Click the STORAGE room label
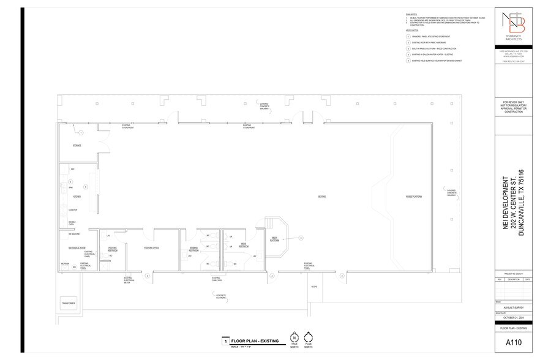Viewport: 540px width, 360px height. tap(77, 146)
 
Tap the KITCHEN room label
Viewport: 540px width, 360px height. tap(77, 197)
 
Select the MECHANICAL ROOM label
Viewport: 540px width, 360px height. tap(76, 247)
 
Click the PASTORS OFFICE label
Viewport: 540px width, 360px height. tap(152, 248)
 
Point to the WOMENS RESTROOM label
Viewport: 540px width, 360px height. tap(193, 249)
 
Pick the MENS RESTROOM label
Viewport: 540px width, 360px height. tap(243, 246)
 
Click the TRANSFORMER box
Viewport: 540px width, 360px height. tap(68, 304)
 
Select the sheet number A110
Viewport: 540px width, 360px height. tap(513, 342)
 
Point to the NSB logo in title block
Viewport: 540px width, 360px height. tap(513, 26)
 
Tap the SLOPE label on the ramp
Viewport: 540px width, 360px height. tap(314, 287)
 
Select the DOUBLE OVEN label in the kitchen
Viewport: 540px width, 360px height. tap(72, 224)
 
